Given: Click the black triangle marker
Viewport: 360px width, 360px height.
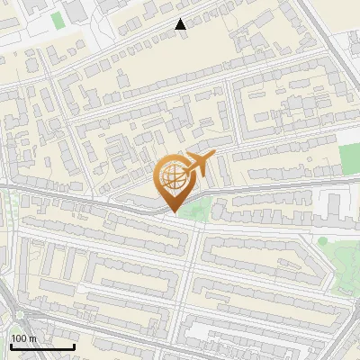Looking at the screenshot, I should pyautogui.click(x=181, y=24).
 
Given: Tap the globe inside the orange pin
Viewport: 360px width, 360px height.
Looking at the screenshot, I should pyautogui.click(x=174, y=176).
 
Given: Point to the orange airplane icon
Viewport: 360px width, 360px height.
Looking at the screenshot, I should pyautogui.click(x=200, y=165).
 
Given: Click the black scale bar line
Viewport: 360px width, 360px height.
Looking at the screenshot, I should pyautogui.click(x=42, y=346).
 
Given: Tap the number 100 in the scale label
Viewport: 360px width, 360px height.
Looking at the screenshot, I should pyautogui.click(x=18, y=338).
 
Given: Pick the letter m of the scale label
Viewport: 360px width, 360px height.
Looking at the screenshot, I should pyautogui.click(x=31, y=338).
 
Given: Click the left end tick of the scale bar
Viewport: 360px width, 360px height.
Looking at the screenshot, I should pyautogui.click(x=11, y=345).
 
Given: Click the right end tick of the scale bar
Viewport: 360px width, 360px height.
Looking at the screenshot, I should pyautogui.click(x=74, y=345).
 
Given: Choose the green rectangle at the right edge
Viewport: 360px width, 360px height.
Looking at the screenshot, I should pyautogui.click(x=350, y=159).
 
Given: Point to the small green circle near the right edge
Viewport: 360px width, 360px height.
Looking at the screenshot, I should pyautogui.click(x=321, y=240).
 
